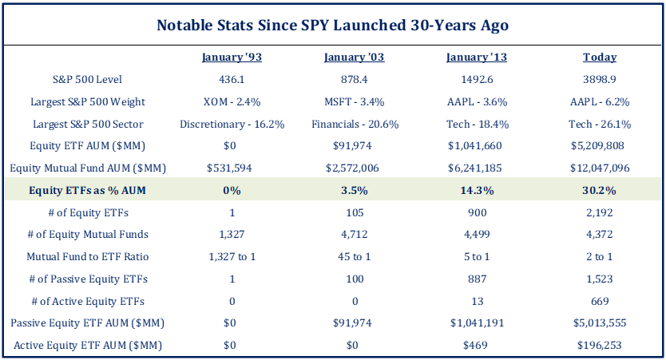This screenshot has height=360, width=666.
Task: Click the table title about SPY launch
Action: [x=332, y=25]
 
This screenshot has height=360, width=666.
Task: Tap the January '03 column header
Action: [x=355, y=57]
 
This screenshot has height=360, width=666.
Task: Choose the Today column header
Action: [x=600, y=57]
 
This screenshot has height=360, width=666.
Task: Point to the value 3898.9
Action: [x=600, y=80]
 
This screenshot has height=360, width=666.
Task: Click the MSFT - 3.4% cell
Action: [x=355, y=102]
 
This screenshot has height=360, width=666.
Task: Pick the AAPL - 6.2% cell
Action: [x=600, y=102]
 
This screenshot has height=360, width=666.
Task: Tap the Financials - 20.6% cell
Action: [x=355, y=125]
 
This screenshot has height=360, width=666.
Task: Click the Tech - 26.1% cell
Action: [x=600, y=125]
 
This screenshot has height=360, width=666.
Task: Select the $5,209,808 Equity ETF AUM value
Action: [x=600, y=147]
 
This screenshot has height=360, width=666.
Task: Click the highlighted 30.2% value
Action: [x=600, y=191]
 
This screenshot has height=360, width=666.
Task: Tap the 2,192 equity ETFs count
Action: [x=600, y=212]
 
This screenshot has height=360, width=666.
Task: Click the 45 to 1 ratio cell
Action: [x=355, y=257]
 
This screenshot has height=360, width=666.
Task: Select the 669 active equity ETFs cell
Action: [x=600, y=301]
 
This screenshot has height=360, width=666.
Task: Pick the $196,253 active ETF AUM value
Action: [x=600, y=346]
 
